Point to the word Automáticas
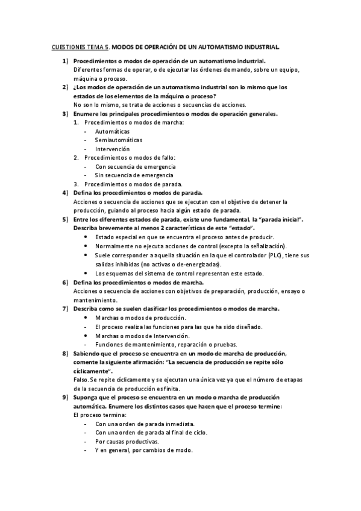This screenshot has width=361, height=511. (x=112, y=131)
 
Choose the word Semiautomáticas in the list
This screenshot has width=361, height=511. (x=115, y=140)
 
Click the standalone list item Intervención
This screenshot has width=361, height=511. (x=112, y=149)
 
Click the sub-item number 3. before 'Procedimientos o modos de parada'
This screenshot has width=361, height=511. (x=77, y=184)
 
